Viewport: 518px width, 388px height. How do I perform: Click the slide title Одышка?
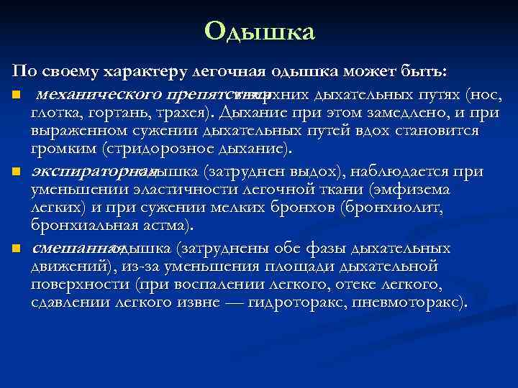(x=259, y=32)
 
